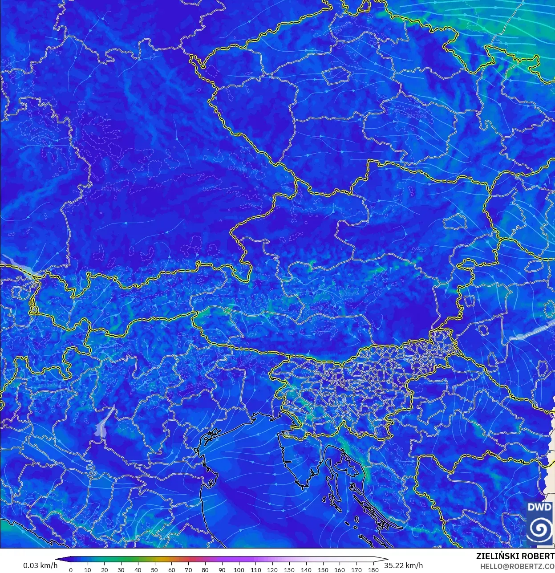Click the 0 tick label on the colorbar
coord(71,570)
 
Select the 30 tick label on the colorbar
coord(121,570)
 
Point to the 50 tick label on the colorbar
coord(154,570)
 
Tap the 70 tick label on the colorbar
coord(188,570)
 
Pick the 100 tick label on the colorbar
coord(239,570)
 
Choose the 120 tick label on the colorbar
coord(272,570)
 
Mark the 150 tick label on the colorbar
coord(323,570)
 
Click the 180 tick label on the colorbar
coord(373,570)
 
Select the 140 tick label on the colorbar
coord(306,570)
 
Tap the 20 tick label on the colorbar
coord(104,570)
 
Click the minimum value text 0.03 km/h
coord(40,565)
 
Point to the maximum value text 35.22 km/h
coord(404,565)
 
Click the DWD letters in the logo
coord(539,507)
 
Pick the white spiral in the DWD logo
coord(539,528)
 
